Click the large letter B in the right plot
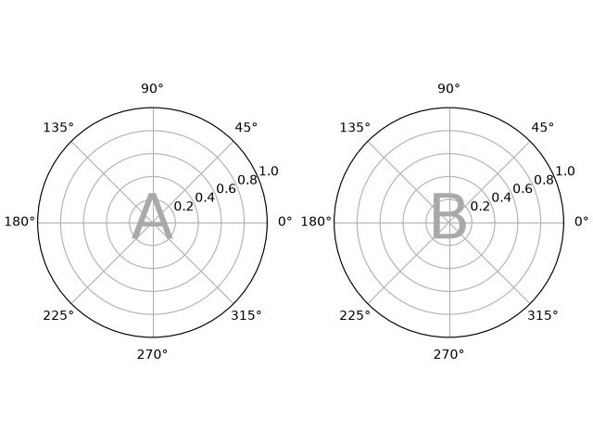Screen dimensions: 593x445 [448, 216]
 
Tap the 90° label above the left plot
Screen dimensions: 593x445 [152, 89]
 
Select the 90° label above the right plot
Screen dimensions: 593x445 [448, 89]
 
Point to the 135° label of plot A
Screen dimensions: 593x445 [58, 128]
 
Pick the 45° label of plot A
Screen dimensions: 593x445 [246, 128]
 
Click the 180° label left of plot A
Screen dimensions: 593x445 [19, 222]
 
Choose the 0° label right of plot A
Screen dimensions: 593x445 [285, 222]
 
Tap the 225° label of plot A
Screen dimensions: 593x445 [58, 315]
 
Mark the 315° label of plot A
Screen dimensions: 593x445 [246, 315]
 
